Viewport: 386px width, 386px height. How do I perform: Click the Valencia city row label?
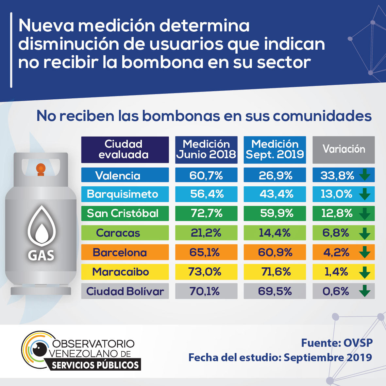118,176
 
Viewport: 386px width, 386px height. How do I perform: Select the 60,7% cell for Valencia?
206,175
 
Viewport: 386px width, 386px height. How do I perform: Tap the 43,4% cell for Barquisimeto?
275,194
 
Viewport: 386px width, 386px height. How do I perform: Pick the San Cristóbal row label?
123,213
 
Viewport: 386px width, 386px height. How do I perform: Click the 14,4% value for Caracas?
275,233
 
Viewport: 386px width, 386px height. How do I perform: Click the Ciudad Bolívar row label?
125,291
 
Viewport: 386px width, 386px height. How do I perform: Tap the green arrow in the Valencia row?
364,175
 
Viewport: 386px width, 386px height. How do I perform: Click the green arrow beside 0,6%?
364,291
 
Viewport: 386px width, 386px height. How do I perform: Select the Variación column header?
344,150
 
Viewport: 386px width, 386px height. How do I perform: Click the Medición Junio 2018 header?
206,150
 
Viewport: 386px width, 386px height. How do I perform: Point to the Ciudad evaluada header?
125,150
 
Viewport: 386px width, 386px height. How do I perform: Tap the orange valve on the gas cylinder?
41,169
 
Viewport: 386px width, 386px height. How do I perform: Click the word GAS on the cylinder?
41,255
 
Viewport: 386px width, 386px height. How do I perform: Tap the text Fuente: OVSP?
337,343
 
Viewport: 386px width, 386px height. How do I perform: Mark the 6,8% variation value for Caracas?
336,233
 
